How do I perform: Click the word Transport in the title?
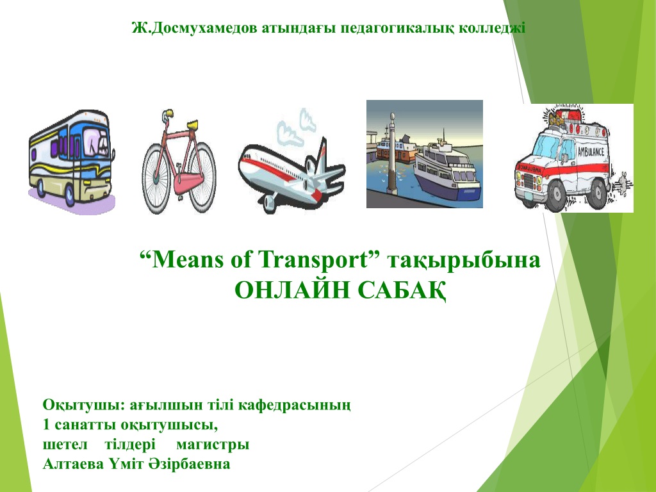[313, 260]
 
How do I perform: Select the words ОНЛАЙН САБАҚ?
[340, 290]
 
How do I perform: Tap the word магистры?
[213, 445]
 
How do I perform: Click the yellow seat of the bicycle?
[193, 124]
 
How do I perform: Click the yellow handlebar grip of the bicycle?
[168, 113]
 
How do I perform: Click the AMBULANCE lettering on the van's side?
[591, 151]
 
